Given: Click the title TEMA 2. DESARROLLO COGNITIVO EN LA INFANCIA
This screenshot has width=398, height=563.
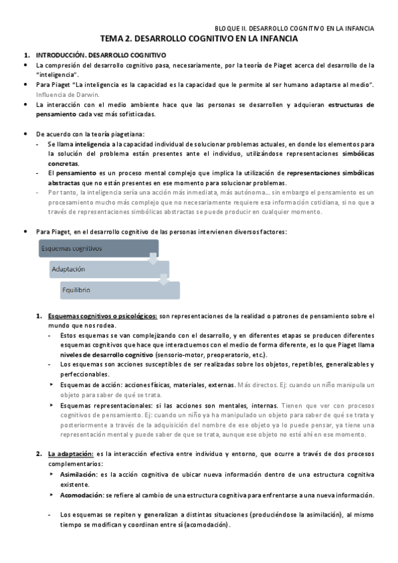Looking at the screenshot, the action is coord(199,40).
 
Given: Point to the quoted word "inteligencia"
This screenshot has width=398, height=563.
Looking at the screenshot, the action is coord(60,75).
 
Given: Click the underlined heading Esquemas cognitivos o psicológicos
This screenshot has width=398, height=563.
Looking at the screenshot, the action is coord(103,316).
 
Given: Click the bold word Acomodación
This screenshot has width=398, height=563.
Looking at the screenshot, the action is coord(80,495).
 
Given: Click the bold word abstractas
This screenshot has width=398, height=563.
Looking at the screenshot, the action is coord(66,183).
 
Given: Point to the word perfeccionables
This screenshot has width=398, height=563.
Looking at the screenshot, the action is coord(83,374).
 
